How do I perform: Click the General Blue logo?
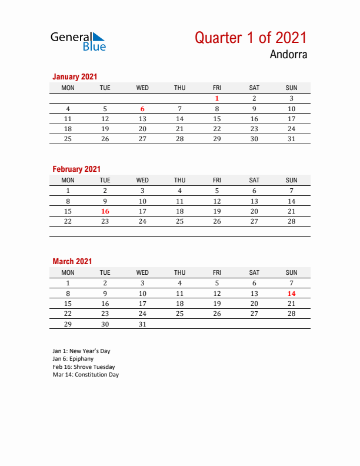coord(78,41)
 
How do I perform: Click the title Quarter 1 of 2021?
coord(251,38)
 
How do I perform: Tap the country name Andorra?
coord(288,55)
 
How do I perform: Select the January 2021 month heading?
coord(75,76)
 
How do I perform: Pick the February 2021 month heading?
coord(76,169)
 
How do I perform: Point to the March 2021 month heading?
coord(72,261)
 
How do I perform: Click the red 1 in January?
coord(217,99)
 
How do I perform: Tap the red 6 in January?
coord(142,109)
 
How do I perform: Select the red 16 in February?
coord(105,211)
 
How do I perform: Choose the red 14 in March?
coord(291,294)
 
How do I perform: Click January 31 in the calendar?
coord(291,139)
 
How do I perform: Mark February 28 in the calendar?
coord(291,221)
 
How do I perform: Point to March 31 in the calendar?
coord(142,324)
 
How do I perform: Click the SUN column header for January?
coord(291,88)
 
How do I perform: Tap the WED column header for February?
coord(142,180)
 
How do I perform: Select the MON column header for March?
coord(68,272)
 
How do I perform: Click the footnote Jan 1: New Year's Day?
coord(81,351)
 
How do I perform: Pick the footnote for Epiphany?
coord(73,359)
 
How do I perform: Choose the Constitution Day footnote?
coord(85,374)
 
